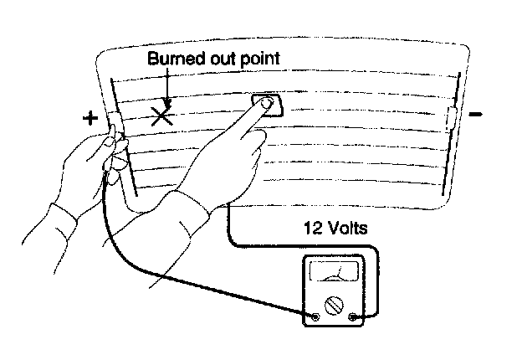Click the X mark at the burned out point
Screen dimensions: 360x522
pos(161,116)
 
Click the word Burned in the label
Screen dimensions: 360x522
pos(173,59)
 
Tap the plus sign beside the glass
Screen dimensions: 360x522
pos(91,118)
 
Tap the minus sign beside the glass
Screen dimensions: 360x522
pos(475,114)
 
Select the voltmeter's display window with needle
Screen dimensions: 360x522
pos(334,274)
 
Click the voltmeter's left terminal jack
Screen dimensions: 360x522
pos(315,317)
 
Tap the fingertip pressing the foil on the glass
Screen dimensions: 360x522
pos(267,105)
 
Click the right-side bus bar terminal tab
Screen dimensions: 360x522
pos(453,117)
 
